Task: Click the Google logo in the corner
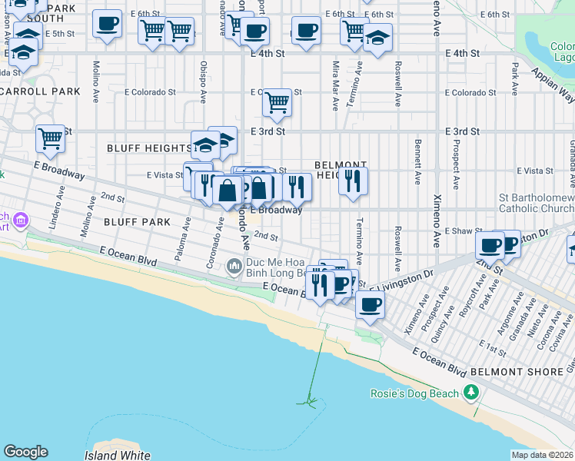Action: (x=25, y=452)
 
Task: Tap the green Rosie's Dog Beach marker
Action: (x=471, y=394)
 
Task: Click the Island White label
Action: (x=118, y=456)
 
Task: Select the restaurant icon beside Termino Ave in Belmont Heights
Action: (x=353, y=181)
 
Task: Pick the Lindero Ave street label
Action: (x=54, y=213)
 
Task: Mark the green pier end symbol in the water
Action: (x=309, y=400)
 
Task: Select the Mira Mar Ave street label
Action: (x=336, y=85)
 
